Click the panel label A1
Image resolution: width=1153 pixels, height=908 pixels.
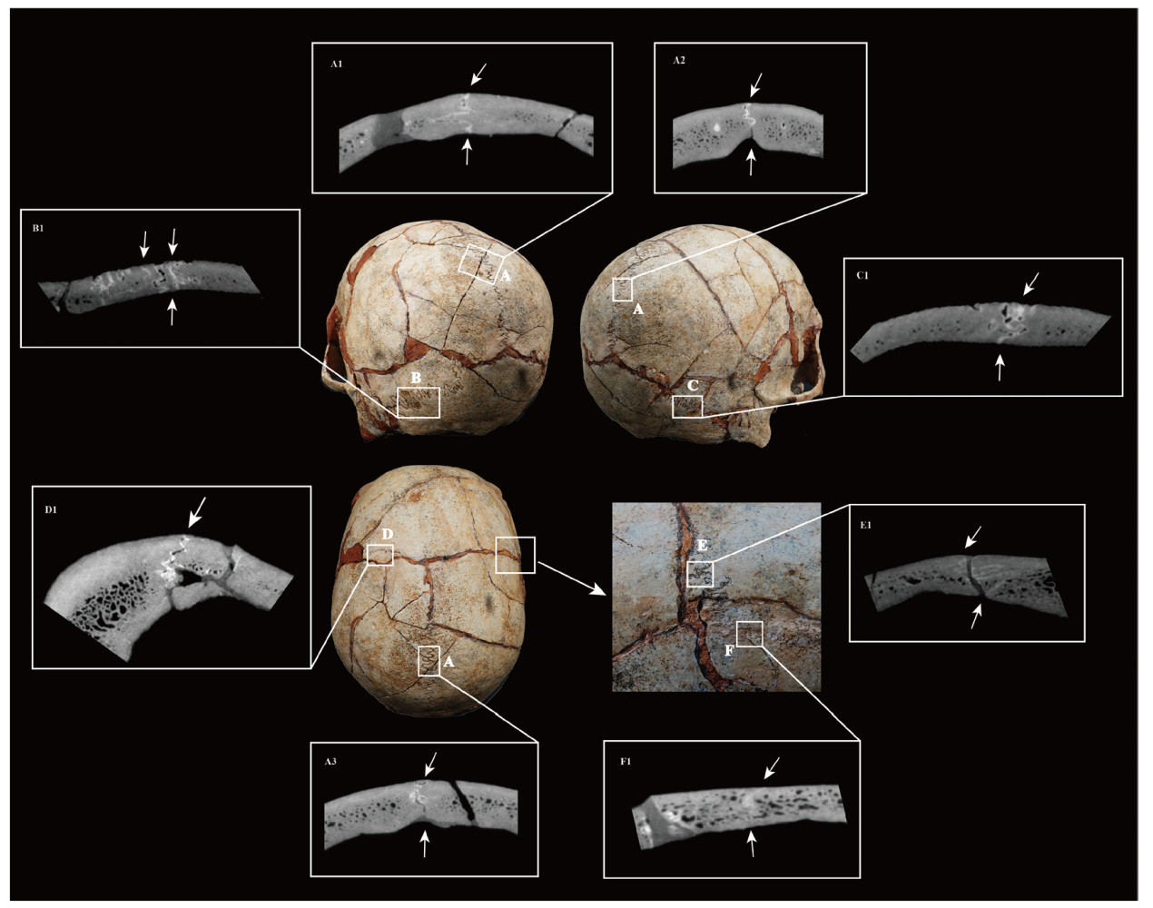(336, 64)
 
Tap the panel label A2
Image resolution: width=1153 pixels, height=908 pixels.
(679, 61)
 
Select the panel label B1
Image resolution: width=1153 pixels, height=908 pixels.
(37, 228)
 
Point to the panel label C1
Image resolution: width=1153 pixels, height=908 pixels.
(862, 276)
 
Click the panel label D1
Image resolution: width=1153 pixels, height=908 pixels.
(50, 509)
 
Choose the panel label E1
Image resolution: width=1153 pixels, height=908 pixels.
(865, 526)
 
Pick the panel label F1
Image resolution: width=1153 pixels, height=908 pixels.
(626, 761)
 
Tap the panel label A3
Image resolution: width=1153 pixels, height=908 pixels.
(330, 761)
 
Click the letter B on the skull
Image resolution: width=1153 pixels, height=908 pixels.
(416, 378)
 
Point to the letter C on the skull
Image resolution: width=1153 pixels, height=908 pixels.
(693, 385)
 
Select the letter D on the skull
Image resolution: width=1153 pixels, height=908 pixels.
(388, 535)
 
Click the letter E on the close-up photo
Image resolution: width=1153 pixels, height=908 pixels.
(703, 546)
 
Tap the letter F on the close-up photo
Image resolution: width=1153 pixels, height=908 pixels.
(729, 651)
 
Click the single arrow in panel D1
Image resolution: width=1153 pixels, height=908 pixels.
(196, 512)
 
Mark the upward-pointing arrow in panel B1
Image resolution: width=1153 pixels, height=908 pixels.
(172, 312)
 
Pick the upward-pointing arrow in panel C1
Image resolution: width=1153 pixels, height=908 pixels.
(1000, 368)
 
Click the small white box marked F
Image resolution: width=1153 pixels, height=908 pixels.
(749, 634)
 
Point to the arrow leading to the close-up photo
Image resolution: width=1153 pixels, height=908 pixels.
(572, 578)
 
